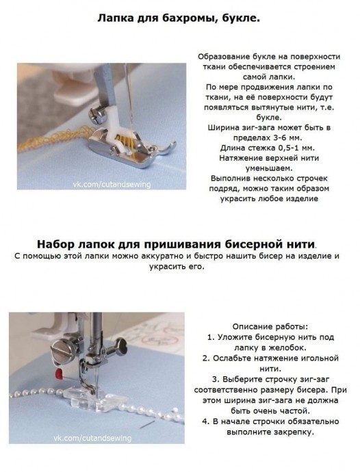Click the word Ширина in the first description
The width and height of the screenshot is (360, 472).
pos(224,128)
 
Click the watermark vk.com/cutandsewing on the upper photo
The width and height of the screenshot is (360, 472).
pos(112,184)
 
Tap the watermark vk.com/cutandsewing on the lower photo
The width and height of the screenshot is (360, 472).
pos(92,438)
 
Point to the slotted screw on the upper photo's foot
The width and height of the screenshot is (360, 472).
pos(97,115)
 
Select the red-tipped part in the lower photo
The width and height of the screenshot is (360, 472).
pos(59,374)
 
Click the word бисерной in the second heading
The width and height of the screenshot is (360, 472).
pos(251,244)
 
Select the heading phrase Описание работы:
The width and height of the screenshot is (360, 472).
pos(270,326)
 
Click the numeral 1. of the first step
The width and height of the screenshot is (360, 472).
pos(211,337)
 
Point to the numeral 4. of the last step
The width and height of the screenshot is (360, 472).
pos(205,421)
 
